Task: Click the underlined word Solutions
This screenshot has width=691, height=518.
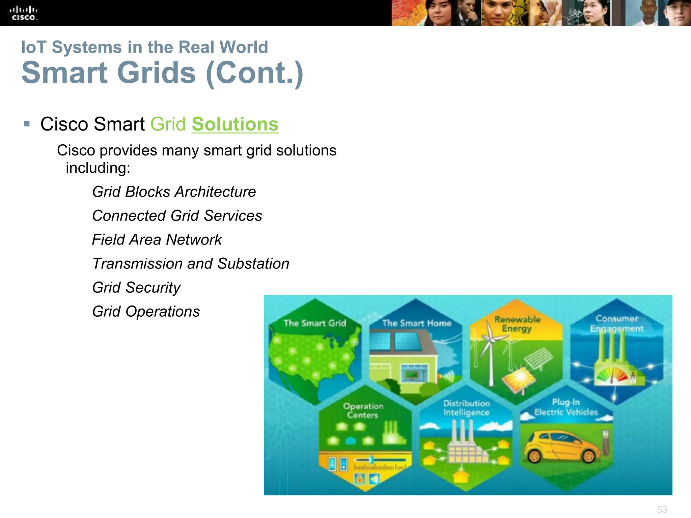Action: click(x=235, y=124)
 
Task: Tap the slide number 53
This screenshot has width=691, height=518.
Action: click(x=662, y=510)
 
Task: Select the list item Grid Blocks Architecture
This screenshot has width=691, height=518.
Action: click(x=174, y=192)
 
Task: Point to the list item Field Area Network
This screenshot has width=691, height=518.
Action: click(x=157, y=240)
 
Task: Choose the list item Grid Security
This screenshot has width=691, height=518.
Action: click(x=136, y=288)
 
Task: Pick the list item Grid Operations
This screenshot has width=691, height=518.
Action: click(x=146, y=312)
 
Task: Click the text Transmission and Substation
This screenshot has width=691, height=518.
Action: click(x=191, y=264)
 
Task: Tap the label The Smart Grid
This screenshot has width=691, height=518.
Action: click(x=315, y=323)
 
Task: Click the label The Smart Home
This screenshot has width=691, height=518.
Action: click(x=417, y=323)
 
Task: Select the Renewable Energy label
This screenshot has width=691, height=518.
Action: click(x=517, y=324)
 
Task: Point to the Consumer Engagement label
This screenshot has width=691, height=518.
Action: click(x=616, y=323)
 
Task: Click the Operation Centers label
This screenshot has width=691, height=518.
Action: click(x=363, y=410)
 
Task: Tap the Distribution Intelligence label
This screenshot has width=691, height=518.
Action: click(x=466, y=408)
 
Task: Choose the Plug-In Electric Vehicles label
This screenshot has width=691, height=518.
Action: click(x=566, y=407)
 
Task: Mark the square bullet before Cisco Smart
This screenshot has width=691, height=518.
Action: click(x=27, y=124)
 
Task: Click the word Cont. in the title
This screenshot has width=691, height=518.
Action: click(x=255, y=73)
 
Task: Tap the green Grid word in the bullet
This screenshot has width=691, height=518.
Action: click(x=168, y=124)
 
